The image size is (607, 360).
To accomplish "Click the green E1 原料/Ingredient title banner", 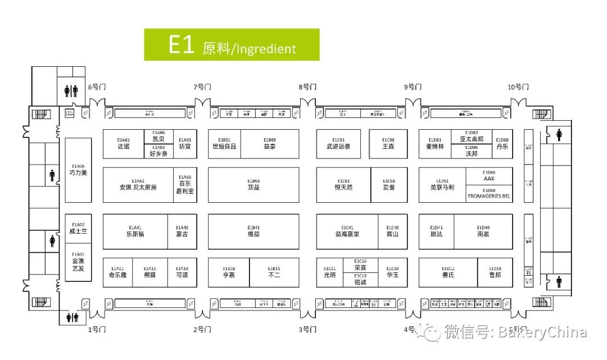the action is (232, 45).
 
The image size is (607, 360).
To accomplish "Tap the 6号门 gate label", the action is (97, 87).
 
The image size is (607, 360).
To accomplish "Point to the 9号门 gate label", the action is (413, 87).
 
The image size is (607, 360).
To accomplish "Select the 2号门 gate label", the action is (202, 329).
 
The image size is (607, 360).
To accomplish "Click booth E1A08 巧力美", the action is (78, 170).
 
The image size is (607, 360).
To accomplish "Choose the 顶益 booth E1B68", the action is (253, 184).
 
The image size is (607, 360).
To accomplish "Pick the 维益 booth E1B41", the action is (253, 231).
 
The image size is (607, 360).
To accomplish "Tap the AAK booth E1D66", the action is (489, 176).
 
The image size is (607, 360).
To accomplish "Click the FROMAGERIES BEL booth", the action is (489, 194).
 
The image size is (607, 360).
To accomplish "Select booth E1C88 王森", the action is (388, 144).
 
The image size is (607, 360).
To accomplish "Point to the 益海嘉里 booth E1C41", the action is (347, 231).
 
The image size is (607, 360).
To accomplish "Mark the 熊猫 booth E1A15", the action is (150, 272).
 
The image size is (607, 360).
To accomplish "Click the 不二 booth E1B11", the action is (274, 272).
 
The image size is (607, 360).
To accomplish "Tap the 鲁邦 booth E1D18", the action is (495, 272).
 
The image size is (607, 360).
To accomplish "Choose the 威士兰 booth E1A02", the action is (78, 228).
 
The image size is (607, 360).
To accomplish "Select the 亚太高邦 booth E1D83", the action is (472, 136).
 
